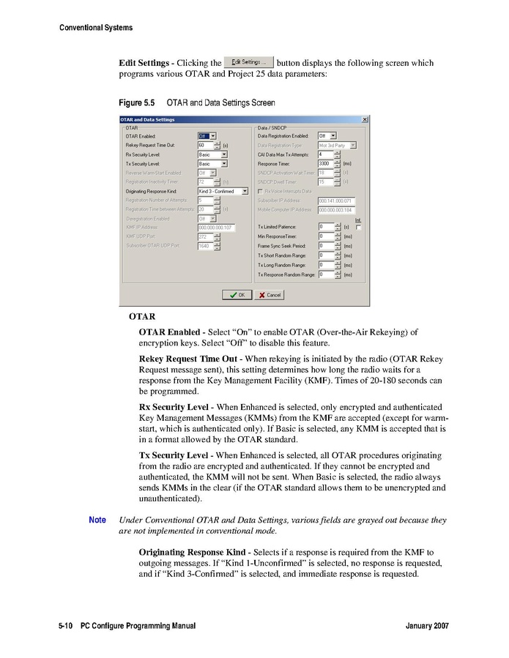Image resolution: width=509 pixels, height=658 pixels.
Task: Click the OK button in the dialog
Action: pos(237,295)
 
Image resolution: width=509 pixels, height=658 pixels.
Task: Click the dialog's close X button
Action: pos(365,119)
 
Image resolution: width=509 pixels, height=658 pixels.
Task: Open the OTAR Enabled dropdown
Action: pos(208,135)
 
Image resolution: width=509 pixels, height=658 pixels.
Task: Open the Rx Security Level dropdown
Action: pos(213,154)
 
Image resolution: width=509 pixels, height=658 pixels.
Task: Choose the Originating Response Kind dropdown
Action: pos(223,191)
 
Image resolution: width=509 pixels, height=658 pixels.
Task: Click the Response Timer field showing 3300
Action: pos(325,163)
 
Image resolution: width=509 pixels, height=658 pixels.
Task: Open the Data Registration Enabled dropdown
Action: pos(327,135)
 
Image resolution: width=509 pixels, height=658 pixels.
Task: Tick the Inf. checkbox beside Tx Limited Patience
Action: pos(359,228)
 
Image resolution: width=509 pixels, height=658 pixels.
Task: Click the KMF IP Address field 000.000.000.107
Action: pos(216,228)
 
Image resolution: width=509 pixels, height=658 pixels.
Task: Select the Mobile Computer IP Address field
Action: pos(336,209)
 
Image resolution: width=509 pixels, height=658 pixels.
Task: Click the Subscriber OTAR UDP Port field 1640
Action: pos(204,246)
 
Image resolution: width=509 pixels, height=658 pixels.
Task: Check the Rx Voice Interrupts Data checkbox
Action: pos(261,191)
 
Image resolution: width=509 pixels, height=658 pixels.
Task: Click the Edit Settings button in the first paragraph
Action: pos(248,62)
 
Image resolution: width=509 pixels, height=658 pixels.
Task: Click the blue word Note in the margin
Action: pos(97,520)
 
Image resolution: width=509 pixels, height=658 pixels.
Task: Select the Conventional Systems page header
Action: pos(96,28)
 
